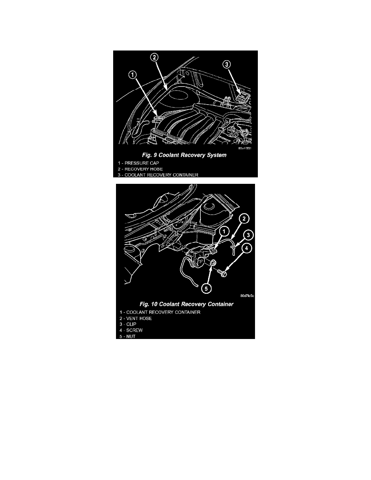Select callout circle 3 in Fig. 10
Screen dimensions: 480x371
pyautogui.click(x=248, y=234)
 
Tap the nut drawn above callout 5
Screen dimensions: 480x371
pyautogui.click(x=212, y=264)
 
